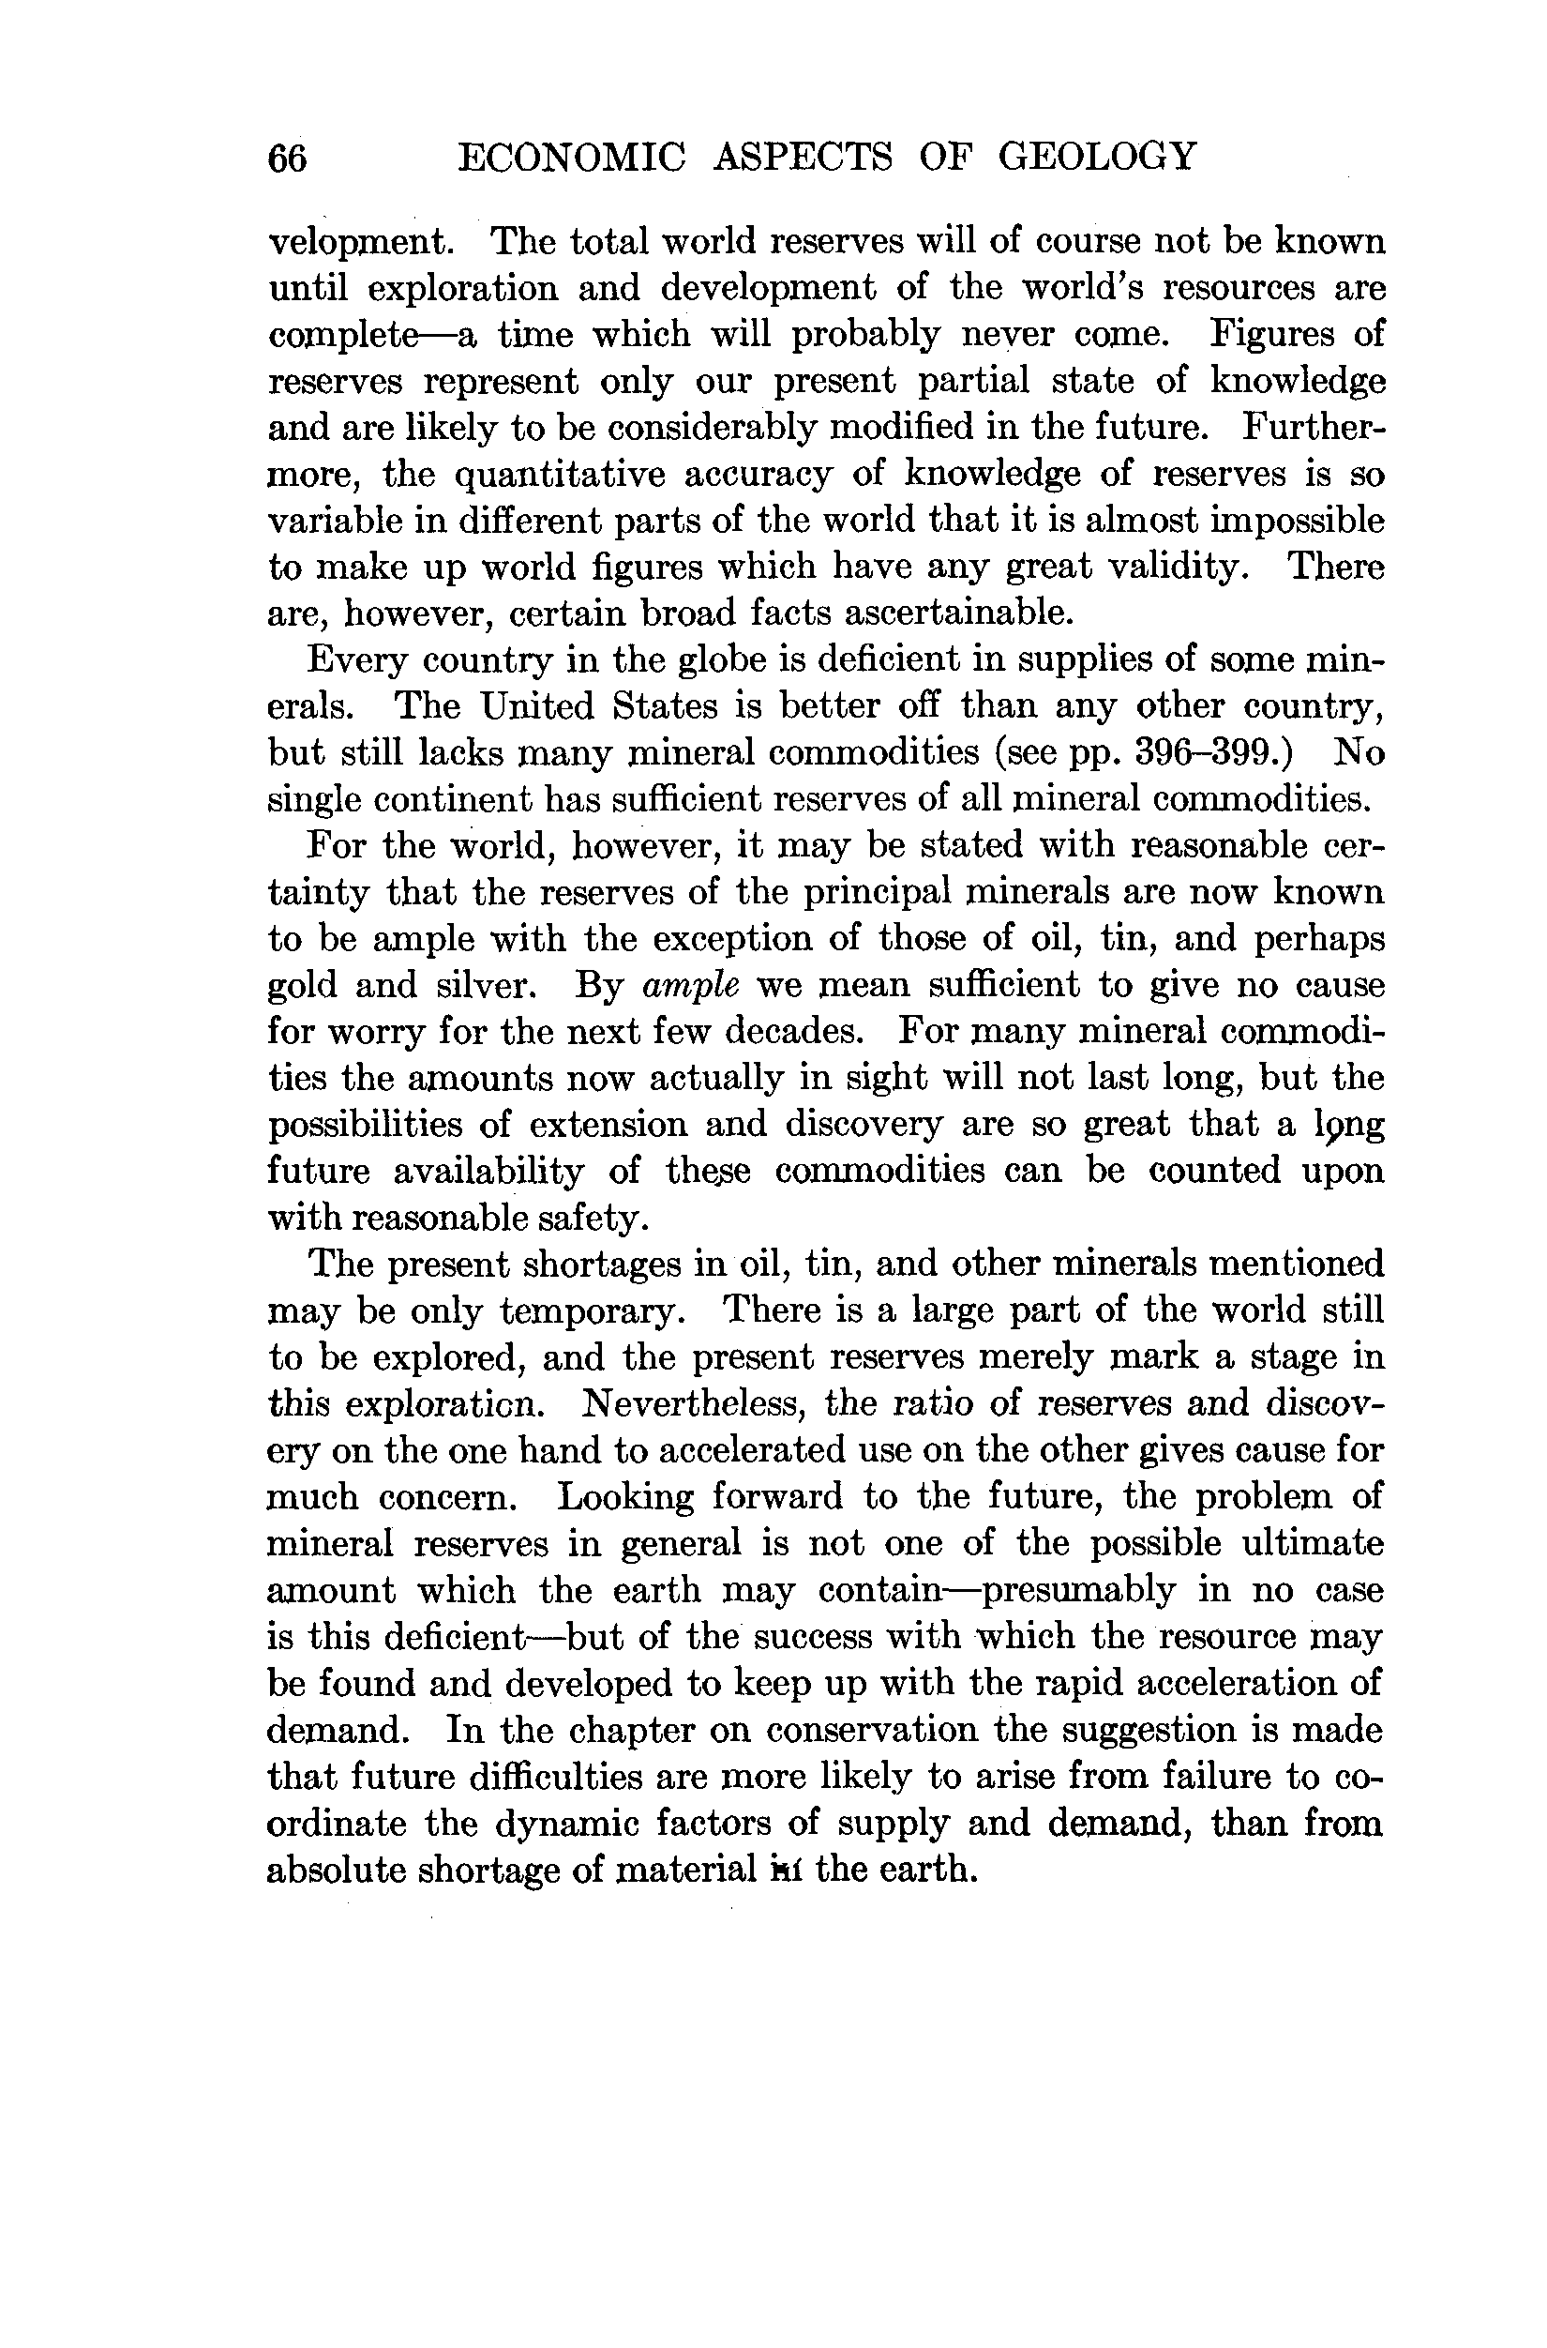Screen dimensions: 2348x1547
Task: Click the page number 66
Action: tap(288, 158)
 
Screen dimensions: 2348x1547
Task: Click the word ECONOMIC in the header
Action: tap(571, 157)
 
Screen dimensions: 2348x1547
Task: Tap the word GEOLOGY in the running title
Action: tap(1097, 156)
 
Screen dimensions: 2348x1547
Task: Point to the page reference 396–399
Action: tap(1212, 753)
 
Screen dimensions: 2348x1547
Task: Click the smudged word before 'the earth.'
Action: tap(787, 1870)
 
